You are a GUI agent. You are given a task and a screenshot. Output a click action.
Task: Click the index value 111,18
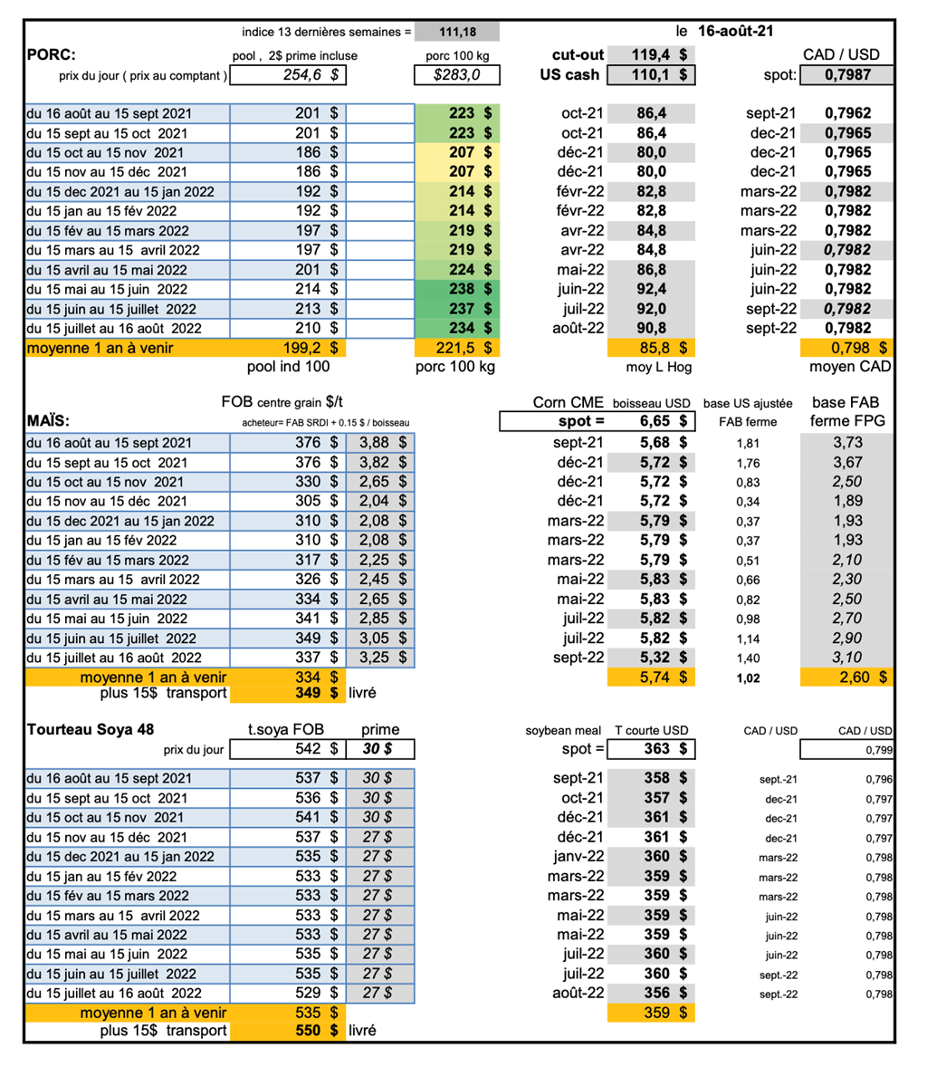[x=457, y=32]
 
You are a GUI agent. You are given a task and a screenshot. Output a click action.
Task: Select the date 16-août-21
[x=734, y=32]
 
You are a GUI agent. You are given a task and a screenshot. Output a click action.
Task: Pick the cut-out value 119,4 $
[x=657, y=54]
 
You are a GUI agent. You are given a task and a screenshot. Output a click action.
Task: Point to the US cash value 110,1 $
[x=657, y=75]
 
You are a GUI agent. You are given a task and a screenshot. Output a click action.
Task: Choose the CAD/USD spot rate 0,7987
[x=848, y=75]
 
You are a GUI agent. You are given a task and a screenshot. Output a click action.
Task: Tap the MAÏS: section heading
[x=50, y=422]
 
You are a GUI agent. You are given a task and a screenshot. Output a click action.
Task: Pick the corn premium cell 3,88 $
[x=381, y=443]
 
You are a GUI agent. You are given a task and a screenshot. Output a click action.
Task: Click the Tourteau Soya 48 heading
[x=90, y=730]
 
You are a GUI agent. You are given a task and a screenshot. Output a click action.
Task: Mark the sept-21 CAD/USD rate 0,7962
[x=848, y=113]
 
